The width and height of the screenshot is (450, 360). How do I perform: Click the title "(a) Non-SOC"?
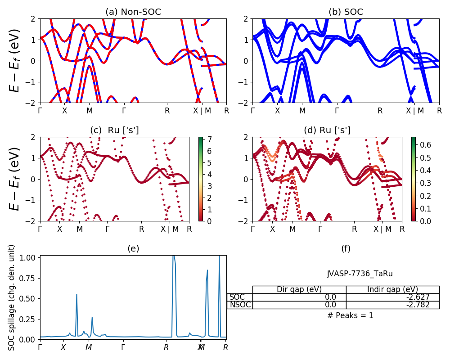pyautogui.click(x=133, y=12)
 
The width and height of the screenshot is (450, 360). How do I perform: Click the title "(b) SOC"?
pyautogui.click(x=346, y=12)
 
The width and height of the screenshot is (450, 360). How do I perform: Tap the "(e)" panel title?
pyautogui.click(x=133, y=248)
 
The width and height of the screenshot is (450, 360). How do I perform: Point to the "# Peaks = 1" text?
pyautogui.click(x=350, y=315)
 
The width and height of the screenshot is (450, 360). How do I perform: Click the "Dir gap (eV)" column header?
pyautogui.click(x=299, y=289)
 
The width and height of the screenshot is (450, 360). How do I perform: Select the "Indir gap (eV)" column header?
pyautogui.click(x=392, y=289)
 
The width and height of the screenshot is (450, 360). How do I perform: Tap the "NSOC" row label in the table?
pyautogui.click(x=239, y=305)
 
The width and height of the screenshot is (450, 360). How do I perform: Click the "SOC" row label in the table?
pyautogui.click(x=237, y=297)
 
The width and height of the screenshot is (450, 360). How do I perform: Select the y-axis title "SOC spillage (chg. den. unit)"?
pyautogui.click(x=12, y=297)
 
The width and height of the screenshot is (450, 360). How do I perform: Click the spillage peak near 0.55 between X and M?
pyautogui.click(x=76, y=294)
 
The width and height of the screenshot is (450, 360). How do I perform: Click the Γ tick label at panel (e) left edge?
pyautogui.click(x=40, y=347)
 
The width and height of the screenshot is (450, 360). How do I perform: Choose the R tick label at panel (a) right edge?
pyautogui.click(x=226, y=110)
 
